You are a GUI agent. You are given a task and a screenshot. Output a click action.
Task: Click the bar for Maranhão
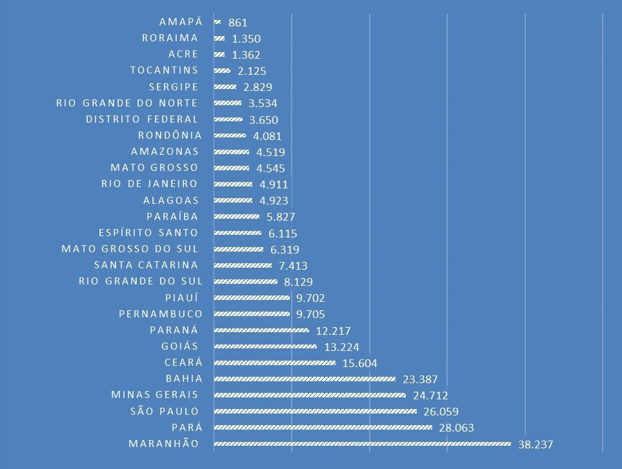coord(361,443)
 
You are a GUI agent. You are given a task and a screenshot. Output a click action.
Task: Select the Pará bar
coord(323,427)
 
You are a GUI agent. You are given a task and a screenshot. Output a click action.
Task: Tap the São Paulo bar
coord(315,411)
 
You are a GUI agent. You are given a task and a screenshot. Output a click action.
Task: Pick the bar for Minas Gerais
coord(309,395)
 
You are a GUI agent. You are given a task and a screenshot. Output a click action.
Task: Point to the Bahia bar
coord(304,379)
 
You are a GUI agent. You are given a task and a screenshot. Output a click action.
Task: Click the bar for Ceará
coord(274,363)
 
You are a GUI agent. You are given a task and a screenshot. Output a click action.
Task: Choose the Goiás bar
coord(265,346)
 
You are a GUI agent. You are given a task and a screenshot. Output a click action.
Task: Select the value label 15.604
coord(359,363)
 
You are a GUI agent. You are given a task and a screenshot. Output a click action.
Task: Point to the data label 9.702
coord(310,298)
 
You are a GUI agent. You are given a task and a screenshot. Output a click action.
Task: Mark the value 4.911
coord(273,185)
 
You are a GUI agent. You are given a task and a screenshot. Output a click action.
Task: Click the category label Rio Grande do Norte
coord(126,103)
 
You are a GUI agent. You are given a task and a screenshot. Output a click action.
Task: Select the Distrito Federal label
coord(142,119)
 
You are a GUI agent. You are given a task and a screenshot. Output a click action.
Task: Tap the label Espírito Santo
coord(148,232)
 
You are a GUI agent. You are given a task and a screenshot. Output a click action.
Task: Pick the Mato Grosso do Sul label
coord(130,248)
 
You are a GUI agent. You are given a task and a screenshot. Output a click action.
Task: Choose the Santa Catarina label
coord(146,264)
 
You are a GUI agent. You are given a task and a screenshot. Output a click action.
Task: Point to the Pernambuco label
coord(161,314)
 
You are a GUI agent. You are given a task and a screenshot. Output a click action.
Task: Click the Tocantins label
coord(164,70)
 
